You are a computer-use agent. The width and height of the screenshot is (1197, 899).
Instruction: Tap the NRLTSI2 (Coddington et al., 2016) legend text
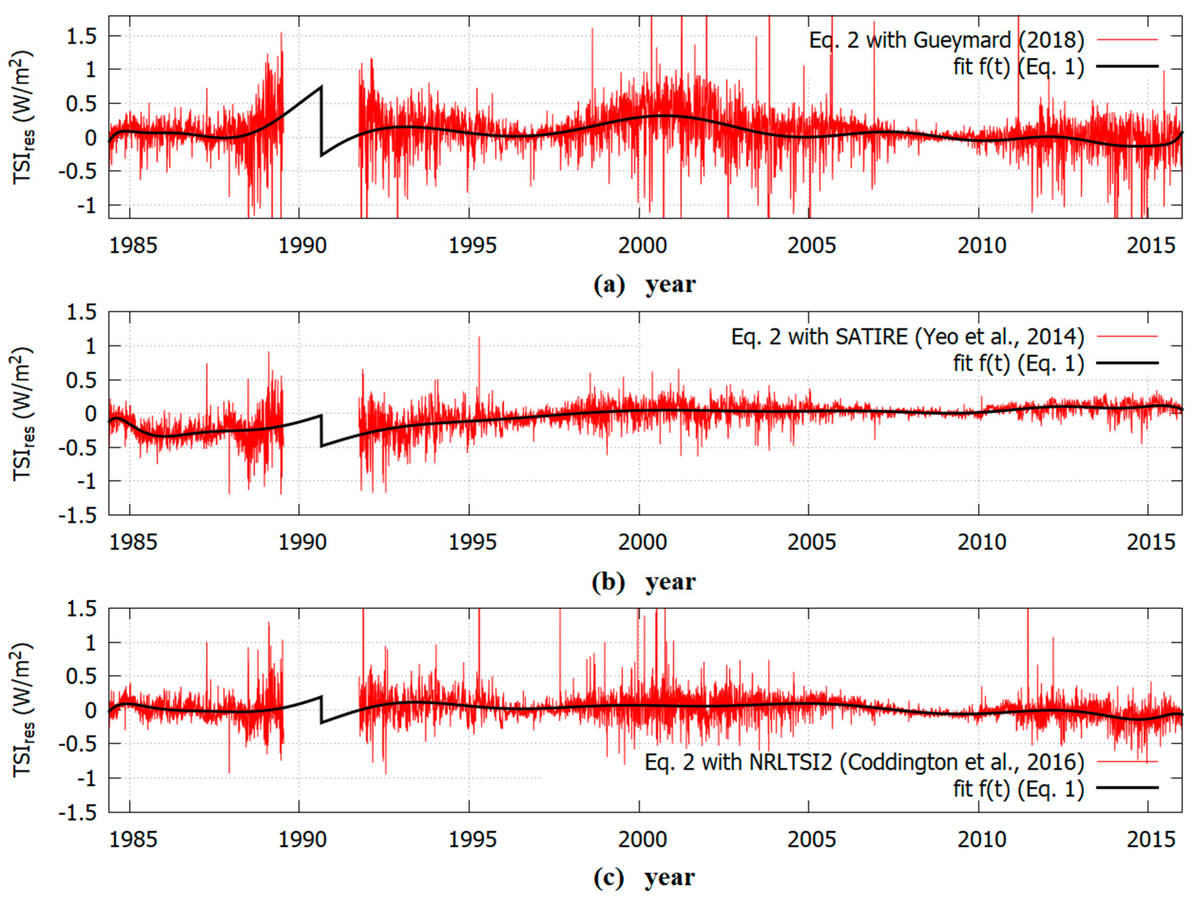click(x=864, y=762)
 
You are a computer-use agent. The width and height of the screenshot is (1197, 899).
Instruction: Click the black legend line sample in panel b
click(x=1128, y=363)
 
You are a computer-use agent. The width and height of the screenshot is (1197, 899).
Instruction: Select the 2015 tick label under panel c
click(x=1151, y=839)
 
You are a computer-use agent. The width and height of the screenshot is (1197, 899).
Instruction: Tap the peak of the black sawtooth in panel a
click(x=322, y=86)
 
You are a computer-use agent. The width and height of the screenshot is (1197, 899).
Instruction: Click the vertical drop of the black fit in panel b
click(x=322, y=431)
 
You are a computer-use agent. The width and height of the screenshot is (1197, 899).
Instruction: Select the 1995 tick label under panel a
click(x=472, y=246)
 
